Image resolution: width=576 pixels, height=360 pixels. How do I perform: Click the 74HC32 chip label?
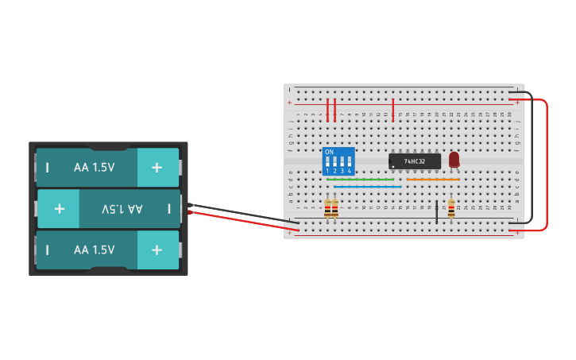(415, 161)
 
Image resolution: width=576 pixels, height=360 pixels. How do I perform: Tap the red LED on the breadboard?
(454, 160)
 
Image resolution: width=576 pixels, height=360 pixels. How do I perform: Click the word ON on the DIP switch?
(329, 152)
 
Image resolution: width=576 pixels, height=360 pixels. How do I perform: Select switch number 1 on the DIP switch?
(327, 161)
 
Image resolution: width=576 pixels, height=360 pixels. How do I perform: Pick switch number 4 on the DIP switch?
(349, 161)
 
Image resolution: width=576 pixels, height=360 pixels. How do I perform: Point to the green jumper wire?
(361, 180)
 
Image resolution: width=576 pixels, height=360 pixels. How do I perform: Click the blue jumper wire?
(367, 187)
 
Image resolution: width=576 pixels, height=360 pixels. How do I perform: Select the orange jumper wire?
(433, 180)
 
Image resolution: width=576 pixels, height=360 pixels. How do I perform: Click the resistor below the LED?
(451, 208)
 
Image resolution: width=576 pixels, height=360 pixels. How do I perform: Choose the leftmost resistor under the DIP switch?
(327, 208)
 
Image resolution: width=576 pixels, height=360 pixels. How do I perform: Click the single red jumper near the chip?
(392, 110)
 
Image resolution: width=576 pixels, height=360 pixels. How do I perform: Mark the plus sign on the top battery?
(157, 167)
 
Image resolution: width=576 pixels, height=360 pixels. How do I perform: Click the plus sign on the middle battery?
(59, 209)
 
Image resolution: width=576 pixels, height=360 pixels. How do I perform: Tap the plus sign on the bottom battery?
(157, 250)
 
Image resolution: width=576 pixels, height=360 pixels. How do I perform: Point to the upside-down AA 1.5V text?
(122, 209)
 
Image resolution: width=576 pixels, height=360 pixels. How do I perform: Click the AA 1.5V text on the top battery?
(94, 167)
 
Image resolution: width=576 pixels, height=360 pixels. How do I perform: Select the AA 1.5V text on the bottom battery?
(94, 250)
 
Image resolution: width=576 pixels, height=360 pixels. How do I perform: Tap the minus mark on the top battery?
(48, 167)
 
